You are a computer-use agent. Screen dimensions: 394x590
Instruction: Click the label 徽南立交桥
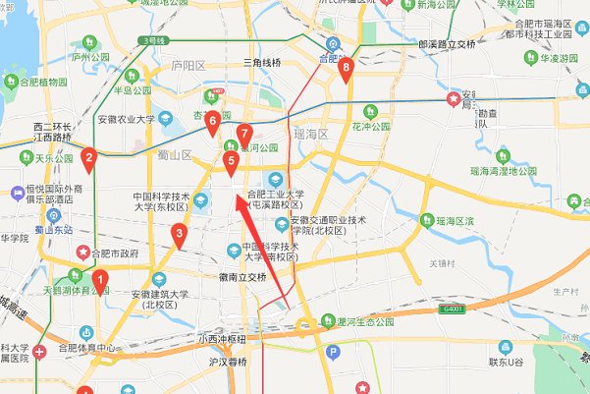click(x=243, y=277)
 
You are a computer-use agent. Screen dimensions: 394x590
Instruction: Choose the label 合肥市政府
click(x=115, y=252)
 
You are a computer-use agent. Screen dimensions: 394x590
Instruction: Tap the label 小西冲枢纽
click(x=222, y=339)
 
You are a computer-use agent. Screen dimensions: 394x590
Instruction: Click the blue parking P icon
click(x=333, y=352)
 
